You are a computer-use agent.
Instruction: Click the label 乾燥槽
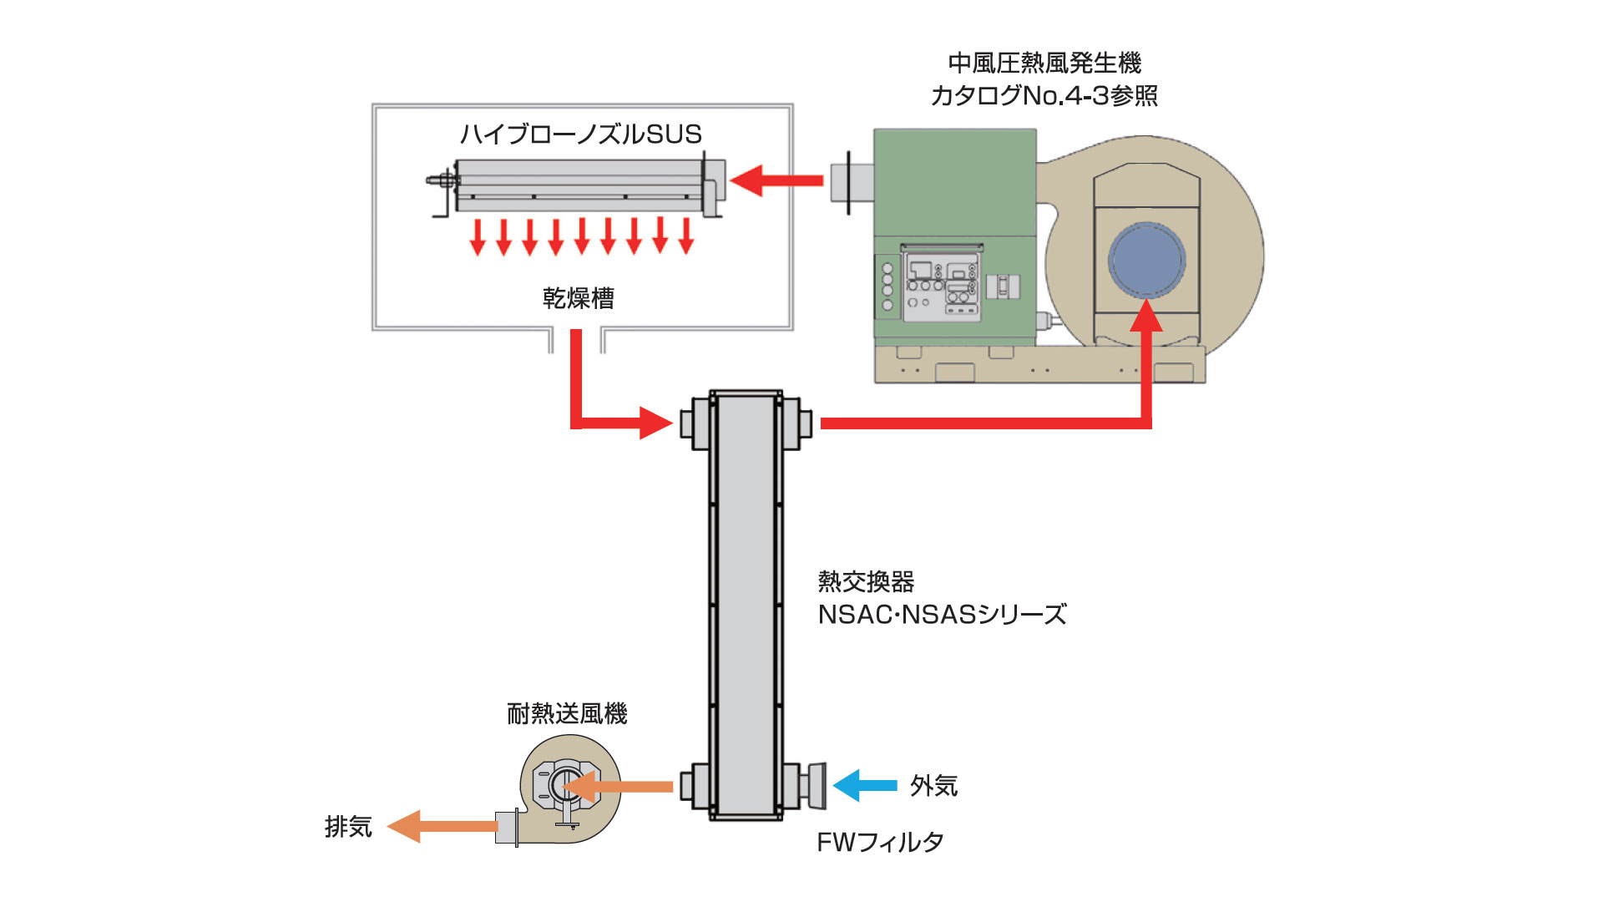(579, 298)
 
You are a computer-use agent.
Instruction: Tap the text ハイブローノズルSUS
(581, 134)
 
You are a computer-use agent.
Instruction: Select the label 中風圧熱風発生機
(1044, 63)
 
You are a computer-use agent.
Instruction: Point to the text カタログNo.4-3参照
(1044, 96)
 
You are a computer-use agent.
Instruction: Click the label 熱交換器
(866, 581)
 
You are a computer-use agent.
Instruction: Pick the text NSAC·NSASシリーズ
(942, 615)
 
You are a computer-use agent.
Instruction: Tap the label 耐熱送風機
(567, 713)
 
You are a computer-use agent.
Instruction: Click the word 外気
(933, 786)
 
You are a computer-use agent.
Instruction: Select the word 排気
(348, 827)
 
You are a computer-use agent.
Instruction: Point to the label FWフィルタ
(880, 842)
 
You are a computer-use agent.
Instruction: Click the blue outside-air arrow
(864, 786)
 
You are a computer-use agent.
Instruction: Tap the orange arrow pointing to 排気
(442, 826)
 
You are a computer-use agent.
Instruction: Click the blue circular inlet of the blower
(1146, 260)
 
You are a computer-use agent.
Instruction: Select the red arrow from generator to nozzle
(776, 180)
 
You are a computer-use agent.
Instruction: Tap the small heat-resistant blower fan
(568, 788)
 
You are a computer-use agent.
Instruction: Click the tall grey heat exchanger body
(746, 601)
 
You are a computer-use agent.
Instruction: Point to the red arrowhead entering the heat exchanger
(655, 423)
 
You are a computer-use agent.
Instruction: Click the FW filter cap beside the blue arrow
(817, 786)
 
